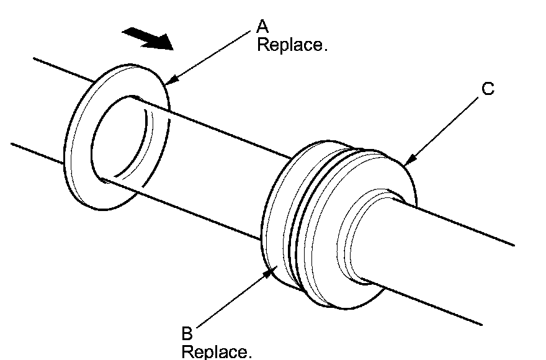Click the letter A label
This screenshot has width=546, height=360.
pyautogui.click(x=262, y=27)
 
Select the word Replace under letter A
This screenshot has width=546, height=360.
pyautogui.click(x=292, y=45)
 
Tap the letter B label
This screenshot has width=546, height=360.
pyautogui.click(x=187, y=333)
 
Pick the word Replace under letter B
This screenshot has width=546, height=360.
pyautogui.click(x=217, y=351)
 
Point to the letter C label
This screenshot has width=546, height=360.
pyautogui.click(x=488, y=89)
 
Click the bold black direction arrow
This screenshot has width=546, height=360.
pyautogui.click(x=148, y=38)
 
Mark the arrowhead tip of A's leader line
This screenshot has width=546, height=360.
pyautogui.click(x=166, y=84)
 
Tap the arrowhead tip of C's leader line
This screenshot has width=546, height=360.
pyautogui.click(x=405, y=165)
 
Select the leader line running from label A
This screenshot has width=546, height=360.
pyautogui.click(x=208, y=58)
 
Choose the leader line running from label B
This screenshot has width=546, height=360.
pyautogui.click(x=234, y=298)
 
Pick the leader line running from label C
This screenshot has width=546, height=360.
pyautogui.click(x=442, y=132)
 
